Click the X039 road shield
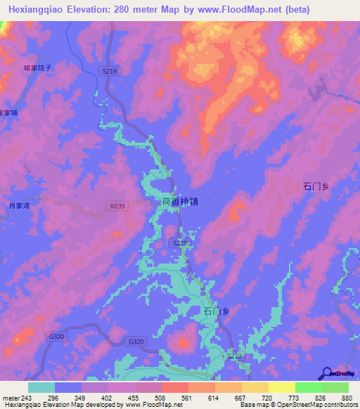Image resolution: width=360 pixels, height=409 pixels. [x=117, y=206]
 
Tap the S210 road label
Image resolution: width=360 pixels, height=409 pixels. [x=180, y=243]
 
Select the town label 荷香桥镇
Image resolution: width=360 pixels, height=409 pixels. [x=179, y=202]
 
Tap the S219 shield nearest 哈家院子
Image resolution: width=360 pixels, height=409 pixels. [x=109, y=72]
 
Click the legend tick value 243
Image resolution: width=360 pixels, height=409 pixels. [x=28, y=398]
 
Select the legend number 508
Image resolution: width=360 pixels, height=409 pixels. [x=161, y=398]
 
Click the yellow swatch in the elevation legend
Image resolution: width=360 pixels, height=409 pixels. [x=255, y=387]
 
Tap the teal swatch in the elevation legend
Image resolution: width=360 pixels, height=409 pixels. [x=41, y=387]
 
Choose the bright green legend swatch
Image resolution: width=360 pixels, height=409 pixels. [x=308, y=387]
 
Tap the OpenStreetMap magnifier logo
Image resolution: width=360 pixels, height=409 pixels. [x=327, y=375]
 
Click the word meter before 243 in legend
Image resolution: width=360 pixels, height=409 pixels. [x=11, y=398]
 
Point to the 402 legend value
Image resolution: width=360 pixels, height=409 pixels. [x=108, y=398]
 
